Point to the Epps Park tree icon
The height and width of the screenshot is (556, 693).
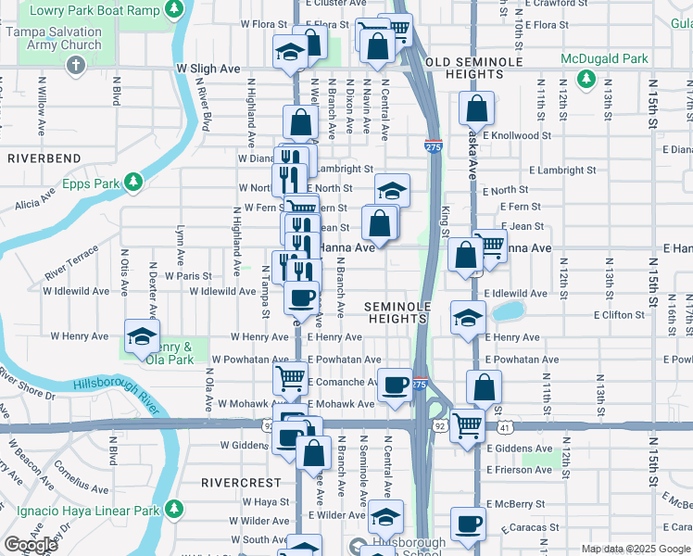point(134,182)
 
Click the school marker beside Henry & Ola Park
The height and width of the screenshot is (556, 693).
point(142,338)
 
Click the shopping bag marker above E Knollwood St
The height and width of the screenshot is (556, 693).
point(475,109)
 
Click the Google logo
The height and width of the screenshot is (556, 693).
point(31,545)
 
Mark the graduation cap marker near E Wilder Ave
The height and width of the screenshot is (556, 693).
point(385,517)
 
